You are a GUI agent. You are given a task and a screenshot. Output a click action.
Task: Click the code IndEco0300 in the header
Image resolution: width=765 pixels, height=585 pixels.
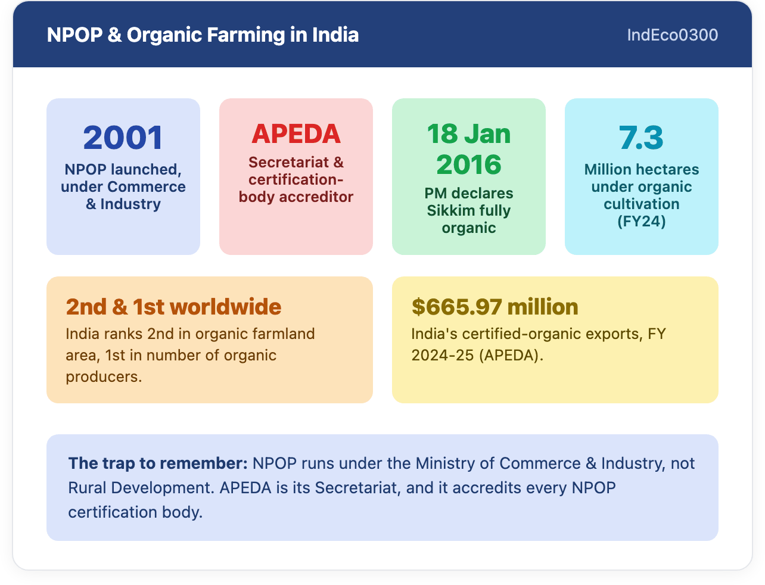672,35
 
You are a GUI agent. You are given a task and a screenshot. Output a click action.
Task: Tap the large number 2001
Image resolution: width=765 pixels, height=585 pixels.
123,138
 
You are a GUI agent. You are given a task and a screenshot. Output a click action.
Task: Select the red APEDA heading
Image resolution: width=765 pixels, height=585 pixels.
296,134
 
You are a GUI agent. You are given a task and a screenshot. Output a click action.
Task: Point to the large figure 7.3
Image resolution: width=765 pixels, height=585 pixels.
641,138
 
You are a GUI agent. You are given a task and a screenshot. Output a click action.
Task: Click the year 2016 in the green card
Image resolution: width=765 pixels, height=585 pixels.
469,164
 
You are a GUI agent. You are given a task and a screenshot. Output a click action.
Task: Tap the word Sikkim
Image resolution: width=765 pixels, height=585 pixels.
449,210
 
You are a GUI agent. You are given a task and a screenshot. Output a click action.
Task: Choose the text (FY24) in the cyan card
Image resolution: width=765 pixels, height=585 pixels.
641,221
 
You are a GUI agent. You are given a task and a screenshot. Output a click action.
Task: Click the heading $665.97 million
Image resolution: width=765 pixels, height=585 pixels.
495,307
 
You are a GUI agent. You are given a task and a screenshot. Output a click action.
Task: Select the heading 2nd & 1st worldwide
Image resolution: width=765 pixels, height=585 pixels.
173,307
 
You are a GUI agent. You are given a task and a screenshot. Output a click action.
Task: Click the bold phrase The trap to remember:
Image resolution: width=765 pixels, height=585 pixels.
158,463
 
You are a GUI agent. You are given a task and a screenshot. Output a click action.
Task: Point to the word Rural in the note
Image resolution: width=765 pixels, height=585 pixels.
87,488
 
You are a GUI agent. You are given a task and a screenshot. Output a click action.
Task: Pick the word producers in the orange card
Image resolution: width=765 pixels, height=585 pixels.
104,376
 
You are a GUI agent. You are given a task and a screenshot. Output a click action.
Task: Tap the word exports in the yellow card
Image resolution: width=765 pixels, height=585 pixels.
614,334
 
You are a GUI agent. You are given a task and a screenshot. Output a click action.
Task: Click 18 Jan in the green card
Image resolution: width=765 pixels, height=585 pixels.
469,134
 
